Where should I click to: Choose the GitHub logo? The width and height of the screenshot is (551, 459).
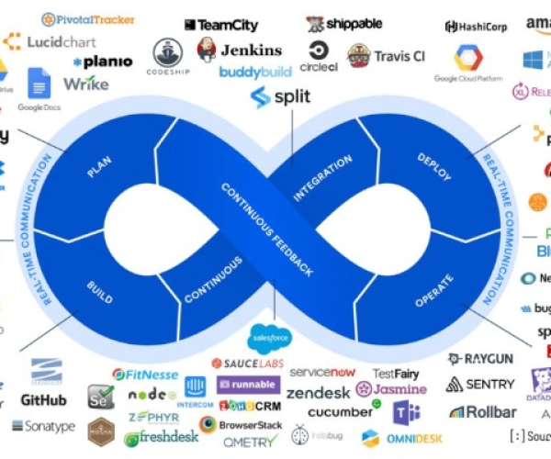(43, 400)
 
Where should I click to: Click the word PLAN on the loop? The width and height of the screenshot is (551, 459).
(99, 169)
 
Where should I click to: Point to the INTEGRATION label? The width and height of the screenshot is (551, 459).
(322, 178)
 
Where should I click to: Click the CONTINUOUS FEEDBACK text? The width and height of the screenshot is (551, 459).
(267, 229)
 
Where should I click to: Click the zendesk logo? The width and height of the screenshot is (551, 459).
(318, 392)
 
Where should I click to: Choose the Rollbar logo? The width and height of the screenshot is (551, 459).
(484, 411)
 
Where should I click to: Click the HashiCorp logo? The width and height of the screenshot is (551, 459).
(476, 28)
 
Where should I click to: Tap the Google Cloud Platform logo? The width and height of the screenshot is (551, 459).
(468, 64)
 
